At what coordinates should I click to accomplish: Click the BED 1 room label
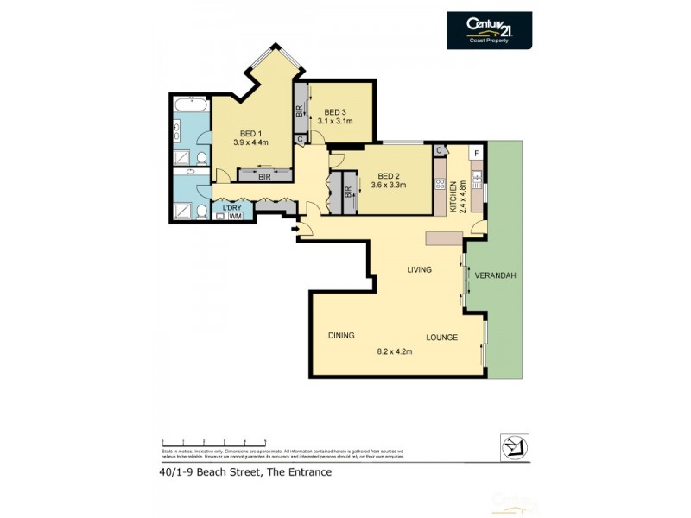[x=250, y=132]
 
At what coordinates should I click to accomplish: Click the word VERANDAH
[x=495, y=275]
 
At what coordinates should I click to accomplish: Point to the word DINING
[x=341, y=336]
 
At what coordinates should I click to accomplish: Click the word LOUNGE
[x=441, y=337]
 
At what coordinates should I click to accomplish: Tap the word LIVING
[x=420, y=270]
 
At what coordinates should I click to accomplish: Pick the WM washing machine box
[x=234, y=217]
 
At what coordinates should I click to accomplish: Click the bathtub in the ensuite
[x=190, y=107]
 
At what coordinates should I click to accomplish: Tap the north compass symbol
[x=515, y=446]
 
